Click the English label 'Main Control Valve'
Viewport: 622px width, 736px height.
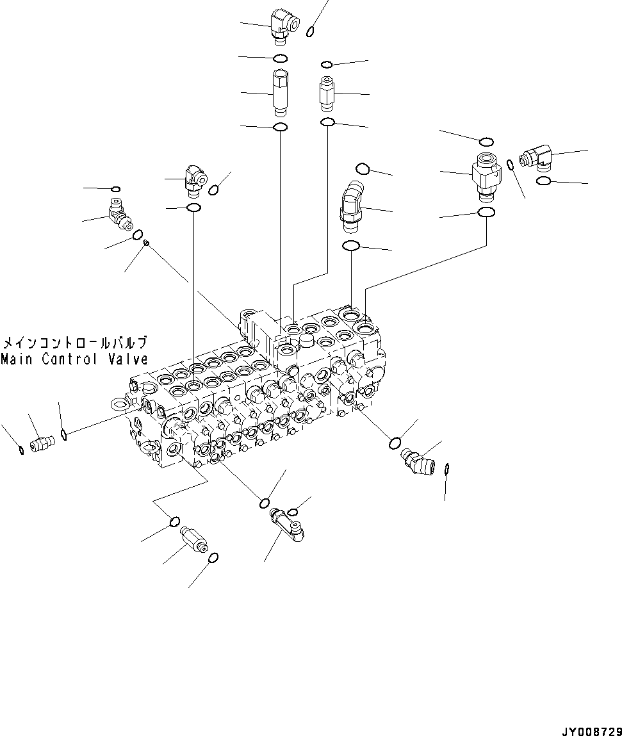click(74, 359)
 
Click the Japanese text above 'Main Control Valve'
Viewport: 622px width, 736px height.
click(74, 342)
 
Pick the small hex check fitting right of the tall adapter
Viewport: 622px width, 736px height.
click(326, 94)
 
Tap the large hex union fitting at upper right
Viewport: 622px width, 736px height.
click(486, 174)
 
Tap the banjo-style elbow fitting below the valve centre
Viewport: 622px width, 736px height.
click(288, 523)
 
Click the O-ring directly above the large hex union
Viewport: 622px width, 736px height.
click(486, 141)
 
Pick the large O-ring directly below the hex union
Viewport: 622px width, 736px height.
click(486, 212)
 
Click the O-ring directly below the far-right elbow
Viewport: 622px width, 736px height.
click(543, 181)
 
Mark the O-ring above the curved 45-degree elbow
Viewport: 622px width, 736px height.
click(362, 168)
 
